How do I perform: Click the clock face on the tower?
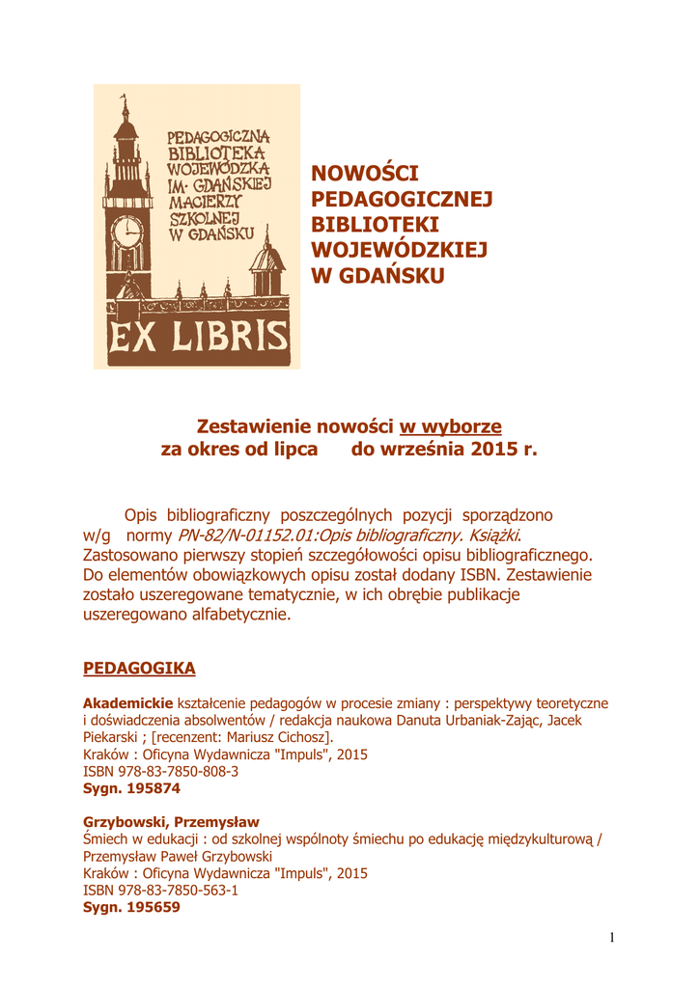click(126, 232)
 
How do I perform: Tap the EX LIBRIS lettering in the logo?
click(198, 337)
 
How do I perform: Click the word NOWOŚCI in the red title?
click(364, 174)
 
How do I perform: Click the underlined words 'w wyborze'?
click(450, 425)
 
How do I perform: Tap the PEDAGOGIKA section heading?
click(139, 668)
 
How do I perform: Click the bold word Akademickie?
click(128, 703)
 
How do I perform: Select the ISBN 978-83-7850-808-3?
click(160, 772)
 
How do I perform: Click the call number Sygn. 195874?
click(131, 788)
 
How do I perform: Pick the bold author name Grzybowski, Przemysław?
click(164, 822)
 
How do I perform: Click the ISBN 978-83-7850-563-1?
click(160, 891)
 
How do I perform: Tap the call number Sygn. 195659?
click(131, 908)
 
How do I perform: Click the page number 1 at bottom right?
click(612, 938)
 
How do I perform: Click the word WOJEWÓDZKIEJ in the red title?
click(399, 251)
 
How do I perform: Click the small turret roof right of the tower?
click(266, 257)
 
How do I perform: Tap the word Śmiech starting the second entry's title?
click(105, 839)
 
